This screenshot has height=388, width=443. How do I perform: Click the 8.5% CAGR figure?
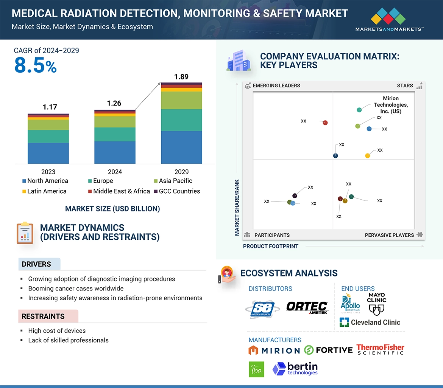click(x=36, y=65)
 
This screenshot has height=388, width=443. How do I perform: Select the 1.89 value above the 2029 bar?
click(x=181, y=77)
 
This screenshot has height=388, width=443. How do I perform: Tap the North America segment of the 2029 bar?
click(x=181, y=147)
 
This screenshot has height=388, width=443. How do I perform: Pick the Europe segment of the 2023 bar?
click(x=48, y=136)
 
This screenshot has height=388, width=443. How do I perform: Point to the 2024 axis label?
click(x=115, y=172)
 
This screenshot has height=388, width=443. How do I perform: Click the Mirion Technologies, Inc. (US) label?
click(x=390, y=105)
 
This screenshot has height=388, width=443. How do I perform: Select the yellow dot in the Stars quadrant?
click(x=367, y=155)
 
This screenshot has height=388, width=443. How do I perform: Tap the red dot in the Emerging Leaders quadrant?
click(x=325, y=123)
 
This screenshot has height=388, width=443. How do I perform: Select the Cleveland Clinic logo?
click(x=370, y=322)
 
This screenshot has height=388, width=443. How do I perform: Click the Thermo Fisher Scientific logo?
click(x=380, y=349)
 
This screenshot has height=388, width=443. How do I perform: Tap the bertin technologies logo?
click(x=295, y=369)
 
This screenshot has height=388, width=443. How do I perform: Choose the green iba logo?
click(x=256, y=369)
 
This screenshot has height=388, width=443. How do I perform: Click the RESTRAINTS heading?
click(x=43, y=316)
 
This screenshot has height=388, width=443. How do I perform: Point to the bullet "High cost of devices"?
click(x=57, y=331)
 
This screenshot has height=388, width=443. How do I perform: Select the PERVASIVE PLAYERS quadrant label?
click(x=389, y=235)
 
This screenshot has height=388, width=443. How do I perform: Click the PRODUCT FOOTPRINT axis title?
click(x=270, y=246)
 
